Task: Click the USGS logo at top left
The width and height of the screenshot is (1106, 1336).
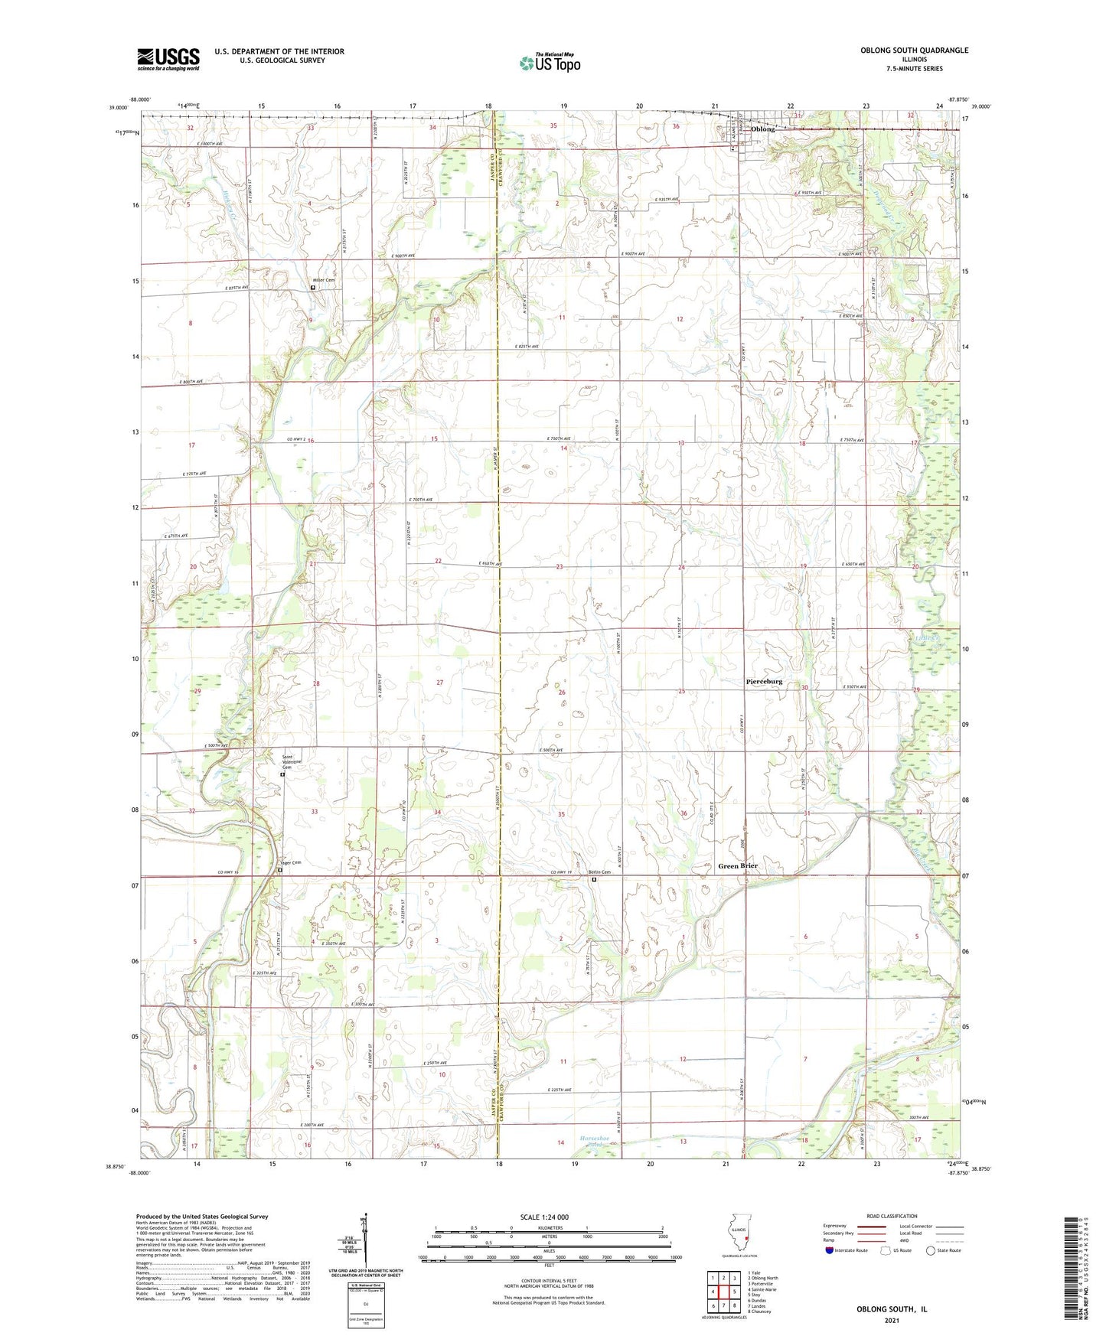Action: [x=168, y=59]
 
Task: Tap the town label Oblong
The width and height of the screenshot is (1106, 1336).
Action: [x=762, y=129]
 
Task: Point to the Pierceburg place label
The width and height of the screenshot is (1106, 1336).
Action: [x=764, y=681]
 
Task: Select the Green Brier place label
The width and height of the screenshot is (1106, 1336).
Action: [x=738, y=866]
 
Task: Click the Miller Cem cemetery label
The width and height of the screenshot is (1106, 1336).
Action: [x=324, y=280]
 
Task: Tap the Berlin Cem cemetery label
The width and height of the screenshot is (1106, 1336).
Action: [x=599, y=872]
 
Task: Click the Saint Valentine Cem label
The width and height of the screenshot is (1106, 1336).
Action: [x=290, y=762]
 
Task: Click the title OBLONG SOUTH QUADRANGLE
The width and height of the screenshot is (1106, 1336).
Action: [x=914, y=51]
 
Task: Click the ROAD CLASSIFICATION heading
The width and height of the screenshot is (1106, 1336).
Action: [x=892, y=1216]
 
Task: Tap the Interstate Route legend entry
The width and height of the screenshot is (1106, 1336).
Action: [x=846, y=1250]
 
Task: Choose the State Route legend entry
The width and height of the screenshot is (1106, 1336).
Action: [x=943, y=1250]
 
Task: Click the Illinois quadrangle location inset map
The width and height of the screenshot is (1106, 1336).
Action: [x=739, y=1238]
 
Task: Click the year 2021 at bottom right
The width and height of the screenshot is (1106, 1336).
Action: [x=891, y=1320]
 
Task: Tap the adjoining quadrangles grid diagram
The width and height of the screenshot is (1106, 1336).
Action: [x=723, y=1292]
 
